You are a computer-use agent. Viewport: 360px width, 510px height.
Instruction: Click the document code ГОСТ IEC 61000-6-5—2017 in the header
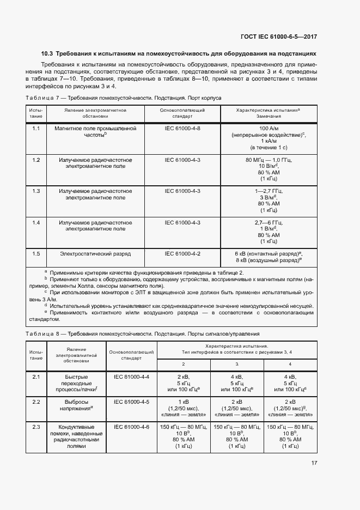[x=278, y=37]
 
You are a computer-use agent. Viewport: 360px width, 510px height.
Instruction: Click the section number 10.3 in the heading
[x=47, y=54]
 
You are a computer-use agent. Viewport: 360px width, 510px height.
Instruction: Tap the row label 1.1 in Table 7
[x=36, y=128]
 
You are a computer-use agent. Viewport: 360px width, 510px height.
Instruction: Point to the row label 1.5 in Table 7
[x=36, y=253]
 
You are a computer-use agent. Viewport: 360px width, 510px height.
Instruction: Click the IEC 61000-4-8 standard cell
[x=182, y=128]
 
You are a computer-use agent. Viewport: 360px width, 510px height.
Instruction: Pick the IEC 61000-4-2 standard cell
[x=182, y=253]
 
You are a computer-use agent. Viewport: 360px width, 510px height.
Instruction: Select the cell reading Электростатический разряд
[x=95, y=253]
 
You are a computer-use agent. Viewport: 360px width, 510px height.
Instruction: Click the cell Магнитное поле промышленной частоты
[x=95, y=131]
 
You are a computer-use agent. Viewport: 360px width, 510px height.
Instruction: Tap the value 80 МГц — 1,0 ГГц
[x=269, y=160]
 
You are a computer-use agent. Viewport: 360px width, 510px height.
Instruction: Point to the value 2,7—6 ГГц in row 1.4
[x=269, y=222]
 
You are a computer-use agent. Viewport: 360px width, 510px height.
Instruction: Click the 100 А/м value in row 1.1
[x=269, y=128]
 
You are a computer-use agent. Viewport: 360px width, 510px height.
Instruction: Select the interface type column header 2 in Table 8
[x=183, y=363]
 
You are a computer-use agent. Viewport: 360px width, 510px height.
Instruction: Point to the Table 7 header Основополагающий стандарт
[x=182, y=113]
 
